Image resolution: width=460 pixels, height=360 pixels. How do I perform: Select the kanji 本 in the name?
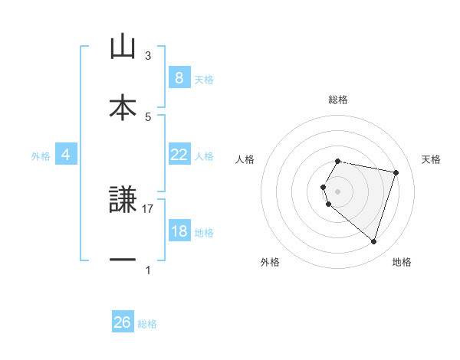(x=123, y=106)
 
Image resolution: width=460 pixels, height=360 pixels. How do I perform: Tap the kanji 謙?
(x=123, y=200)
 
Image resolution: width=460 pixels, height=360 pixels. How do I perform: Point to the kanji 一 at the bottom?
(x=123, y=260)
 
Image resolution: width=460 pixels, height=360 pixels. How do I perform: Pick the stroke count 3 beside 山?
(x=148, y=56)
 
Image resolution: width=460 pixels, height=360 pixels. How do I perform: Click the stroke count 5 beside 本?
(x=148, y=116)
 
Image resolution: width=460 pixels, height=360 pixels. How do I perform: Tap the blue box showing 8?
(x=179, y=77)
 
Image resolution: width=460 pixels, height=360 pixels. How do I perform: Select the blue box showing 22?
(x=179, y=154)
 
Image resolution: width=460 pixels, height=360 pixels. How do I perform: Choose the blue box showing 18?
(x=179, y=231)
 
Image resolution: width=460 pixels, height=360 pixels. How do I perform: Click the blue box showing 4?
(x=66, y=155)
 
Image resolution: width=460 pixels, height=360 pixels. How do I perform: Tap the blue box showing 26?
(x=123, y=322)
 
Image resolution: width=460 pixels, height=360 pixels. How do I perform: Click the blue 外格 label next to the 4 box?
(x=41, y=156)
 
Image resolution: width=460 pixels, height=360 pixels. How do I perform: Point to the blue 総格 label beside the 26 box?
(x=147, y=324)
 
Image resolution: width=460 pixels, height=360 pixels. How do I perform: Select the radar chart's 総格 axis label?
(x=338, y=100)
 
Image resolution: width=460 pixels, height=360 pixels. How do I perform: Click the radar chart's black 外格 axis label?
(x=270, y=262)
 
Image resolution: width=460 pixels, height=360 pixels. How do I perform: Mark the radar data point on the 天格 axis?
(x=396, y=173)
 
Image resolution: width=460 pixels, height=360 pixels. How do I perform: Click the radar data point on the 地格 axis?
(x=373, y=242)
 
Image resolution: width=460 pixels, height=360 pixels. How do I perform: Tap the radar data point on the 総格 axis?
(x=338, y=161)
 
